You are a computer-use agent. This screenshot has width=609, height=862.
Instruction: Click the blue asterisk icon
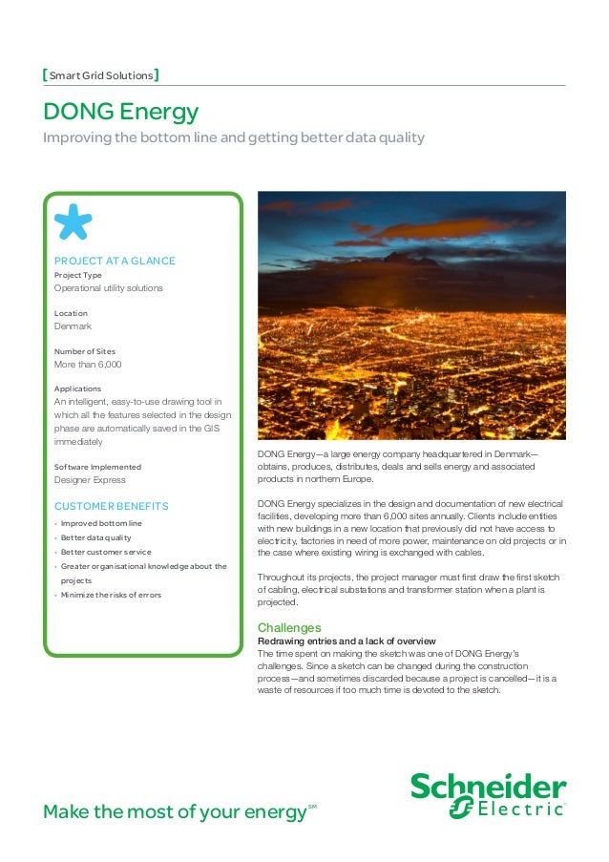[x=73, y=221]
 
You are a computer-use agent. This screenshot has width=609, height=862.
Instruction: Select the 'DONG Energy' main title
[x=121, y=113]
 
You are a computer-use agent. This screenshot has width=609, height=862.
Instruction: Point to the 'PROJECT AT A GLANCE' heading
[x=115, y=261]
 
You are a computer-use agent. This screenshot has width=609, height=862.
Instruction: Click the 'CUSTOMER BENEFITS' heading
[x=111, y=505]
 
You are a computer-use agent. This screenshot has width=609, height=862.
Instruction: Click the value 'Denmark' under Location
[x=73, y=326]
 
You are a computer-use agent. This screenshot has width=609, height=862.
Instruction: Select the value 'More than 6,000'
[x=88, y=365]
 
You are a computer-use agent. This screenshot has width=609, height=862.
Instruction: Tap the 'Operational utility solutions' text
[x=108, y=288]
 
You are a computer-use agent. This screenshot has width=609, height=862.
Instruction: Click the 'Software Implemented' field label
[x=97, y=467]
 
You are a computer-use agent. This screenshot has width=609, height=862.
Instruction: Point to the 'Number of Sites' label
[x=85, y=351]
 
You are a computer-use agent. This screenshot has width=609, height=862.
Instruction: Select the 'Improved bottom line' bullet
[x=101, y=524]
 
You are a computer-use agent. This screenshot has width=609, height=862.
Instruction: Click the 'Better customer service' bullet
[x=106, y=552]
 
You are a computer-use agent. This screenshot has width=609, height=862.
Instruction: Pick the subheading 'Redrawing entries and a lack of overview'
[x=347, y=641]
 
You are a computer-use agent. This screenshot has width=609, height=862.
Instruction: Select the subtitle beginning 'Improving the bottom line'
[x=234, y=139]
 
